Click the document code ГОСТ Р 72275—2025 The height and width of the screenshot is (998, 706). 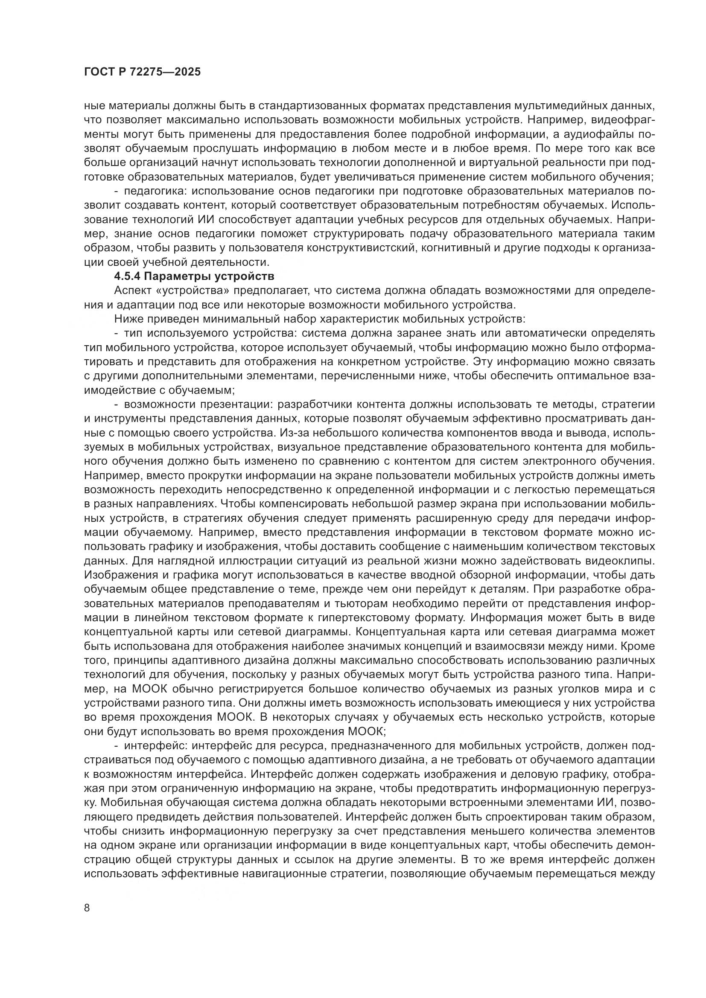pyautogui.click(x=142, y=72)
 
